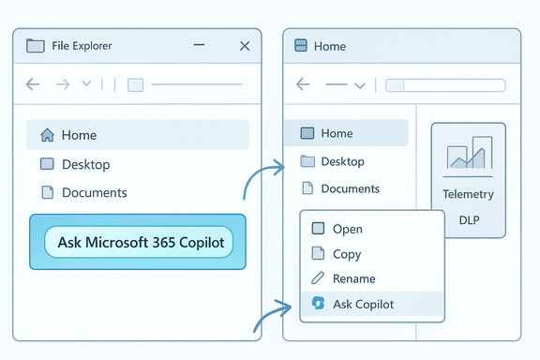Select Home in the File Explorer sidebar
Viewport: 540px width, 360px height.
79,135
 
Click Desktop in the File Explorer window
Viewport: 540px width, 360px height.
85,164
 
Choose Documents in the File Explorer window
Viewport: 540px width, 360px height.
94,192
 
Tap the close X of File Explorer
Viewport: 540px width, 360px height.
245,45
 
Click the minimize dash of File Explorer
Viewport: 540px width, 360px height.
201,45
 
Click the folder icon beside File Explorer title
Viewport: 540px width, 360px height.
37,46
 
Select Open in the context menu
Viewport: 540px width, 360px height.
347,229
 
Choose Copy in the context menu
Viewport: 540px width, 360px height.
347,254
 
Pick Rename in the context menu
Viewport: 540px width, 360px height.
353,278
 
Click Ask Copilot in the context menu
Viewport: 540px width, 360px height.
363,304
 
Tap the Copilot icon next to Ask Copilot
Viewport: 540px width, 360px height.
318,304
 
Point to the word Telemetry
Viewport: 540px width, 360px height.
468,195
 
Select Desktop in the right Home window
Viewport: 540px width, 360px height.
342,161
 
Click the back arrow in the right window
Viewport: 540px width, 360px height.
303,84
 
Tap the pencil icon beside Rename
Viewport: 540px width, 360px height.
317,278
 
